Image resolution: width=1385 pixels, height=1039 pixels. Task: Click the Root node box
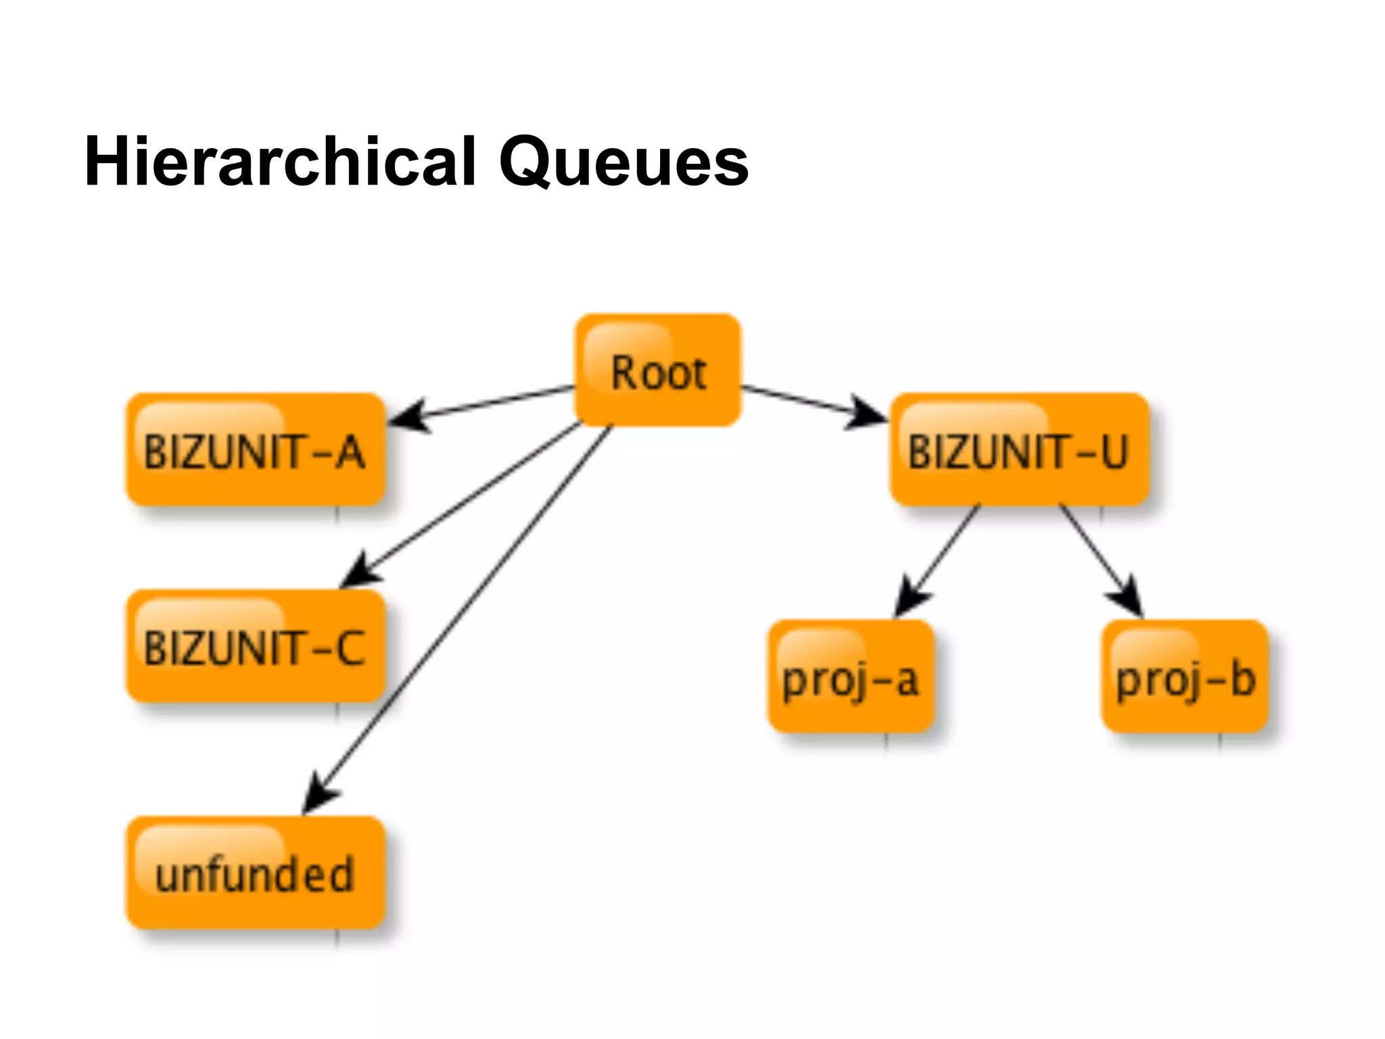pos(657,370)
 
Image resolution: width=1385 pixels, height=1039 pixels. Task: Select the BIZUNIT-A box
pos(256,450)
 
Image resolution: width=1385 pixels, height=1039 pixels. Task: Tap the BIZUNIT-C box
pos(256,646)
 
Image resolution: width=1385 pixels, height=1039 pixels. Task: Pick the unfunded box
pos(256,873)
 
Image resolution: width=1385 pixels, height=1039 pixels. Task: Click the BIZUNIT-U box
pos(1018,450)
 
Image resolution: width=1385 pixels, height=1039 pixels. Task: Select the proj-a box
pos(851,676)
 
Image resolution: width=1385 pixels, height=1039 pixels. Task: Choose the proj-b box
pos(1185,676)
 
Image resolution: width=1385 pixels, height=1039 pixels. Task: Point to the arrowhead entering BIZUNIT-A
pos(407,415)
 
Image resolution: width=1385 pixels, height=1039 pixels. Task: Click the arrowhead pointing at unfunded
pos(318,795)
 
